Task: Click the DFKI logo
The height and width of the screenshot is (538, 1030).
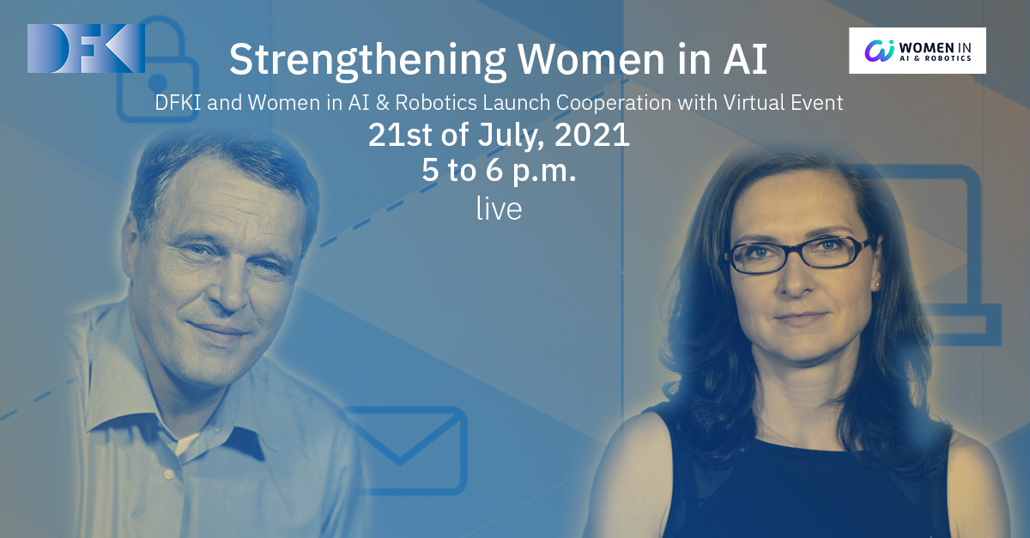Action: (86, 48)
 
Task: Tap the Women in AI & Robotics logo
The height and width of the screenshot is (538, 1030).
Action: (918, 51)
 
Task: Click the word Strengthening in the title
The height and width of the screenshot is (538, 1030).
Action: (367, 60)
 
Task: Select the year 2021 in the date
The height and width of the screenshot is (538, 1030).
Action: (591, 135)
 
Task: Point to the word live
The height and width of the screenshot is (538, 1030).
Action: (499, 209)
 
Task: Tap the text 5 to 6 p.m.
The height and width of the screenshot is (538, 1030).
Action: (499, 171)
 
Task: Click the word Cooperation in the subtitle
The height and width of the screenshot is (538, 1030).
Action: (614, 103)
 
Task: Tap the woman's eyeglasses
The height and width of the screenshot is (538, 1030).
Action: (800, 254)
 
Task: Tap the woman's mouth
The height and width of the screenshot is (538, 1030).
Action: (801, 318)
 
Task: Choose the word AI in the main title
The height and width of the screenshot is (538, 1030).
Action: (745, 59)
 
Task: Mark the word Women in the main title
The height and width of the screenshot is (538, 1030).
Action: (591, 60)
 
